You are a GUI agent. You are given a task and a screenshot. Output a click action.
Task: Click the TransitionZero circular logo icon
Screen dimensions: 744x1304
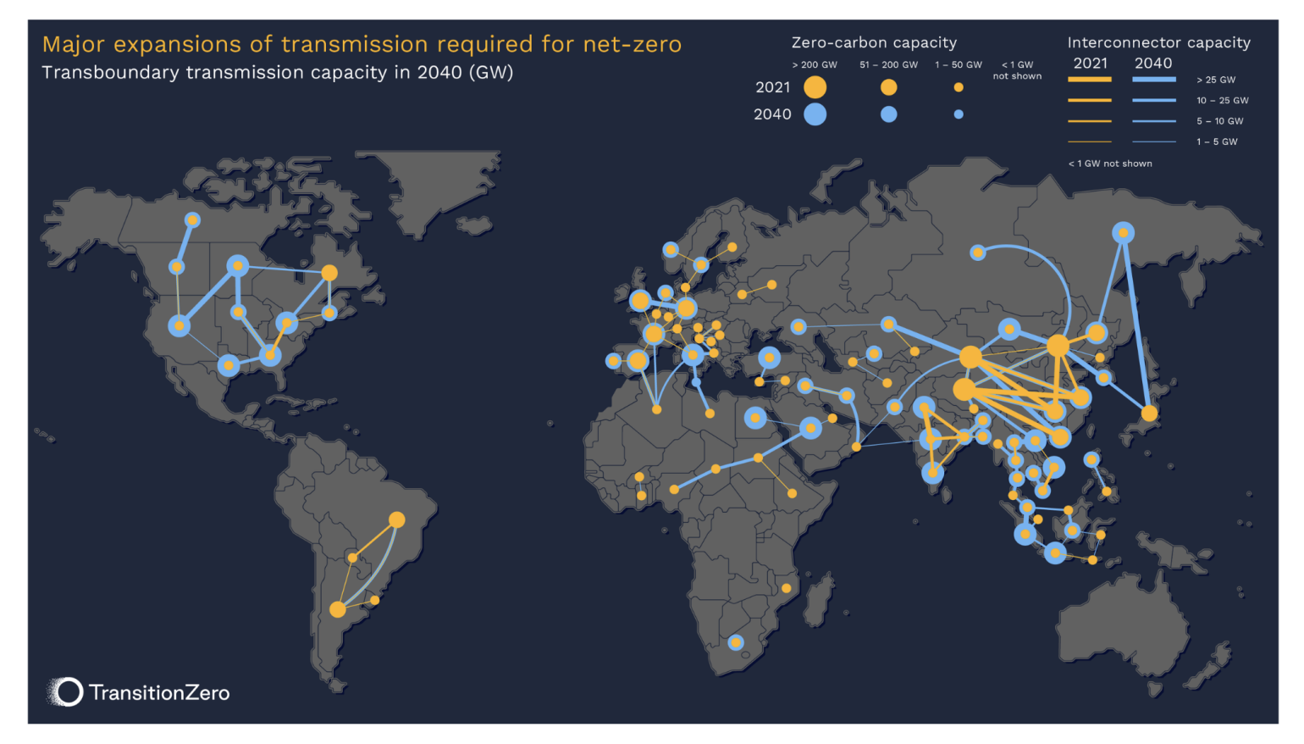pyautogui.click(x=67, y=692)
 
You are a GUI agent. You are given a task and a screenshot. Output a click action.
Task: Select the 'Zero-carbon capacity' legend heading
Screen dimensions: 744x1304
pyautogui.click(x=874, y=42)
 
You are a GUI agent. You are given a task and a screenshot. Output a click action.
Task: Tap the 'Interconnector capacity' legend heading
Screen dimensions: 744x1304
pyautogui.click(x=1158, y=42)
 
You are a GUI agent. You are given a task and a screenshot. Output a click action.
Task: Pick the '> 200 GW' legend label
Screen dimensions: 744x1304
pyautogui.click(x=815, y=64)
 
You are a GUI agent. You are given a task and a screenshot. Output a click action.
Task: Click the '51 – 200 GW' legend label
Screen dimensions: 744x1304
pyautogui.click(x=888, y=64)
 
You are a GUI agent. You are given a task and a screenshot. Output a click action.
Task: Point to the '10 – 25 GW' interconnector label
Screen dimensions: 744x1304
pyautogui.click(x=1222, y=100)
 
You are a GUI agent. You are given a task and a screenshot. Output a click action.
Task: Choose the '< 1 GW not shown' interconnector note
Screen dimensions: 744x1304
pyautogui.click(x=1110, y=164)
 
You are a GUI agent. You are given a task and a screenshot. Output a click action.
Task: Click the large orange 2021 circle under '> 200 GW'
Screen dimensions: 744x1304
pyautogui.click(x=815, y=86)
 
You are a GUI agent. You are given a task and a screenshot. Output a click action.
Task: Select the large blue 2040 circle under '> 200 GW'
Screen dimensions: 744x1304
pyautogui.click(x=815, y=114)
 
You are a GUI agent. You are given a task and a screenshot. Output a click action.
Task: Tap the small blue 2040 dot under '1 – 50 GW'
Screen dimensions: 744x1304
pyautogui.click(x=959, y=114)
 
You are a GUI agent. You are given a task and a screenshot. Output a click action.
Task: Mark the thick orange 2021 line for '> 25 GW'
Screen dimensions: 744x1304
pyautogui.click(x=1090, y=80)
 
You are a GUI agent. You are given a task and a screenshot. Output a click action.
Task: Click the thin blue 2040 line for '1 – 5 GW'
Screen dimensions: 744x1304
pyautogui.click(x=1154, y=142)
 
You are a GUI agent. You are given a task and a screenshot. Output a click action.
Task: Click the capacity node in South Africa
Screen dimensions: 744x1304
pyautogui.click(x=736, y=642)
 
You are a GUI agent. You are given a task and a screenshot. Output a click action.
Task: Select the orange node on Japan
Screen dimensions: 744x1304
pyautogui.click(x=1149, y=414)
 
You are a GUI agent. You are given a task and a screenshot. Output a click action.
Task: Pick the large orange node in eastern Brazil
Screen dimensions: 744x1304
pyautogui.click(x=396, y=519)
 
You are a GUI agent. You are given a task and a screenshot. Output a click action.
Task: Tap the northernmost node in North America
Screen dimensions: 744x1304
pyautogui.click(x=192, y=220)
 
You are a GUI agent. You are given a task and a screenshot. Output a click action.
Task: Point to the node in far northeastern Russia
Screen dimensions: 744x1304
pyautogui.click(x=1123, y=232)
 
